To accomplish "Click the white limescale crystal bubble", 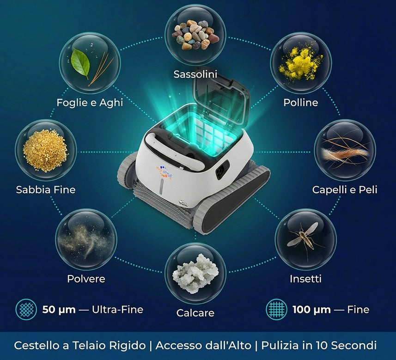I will pos(195,274).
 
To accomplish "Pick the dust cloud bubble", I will pos(86,239).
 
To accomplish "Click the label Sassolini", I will pos(195,74).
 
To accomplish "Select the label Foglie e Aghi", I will pos(90,102).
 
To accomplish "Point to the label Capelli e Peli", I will pos(345,189).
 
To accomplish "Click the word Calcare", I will pos(195,313).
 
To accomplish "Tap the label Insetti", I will pos(305,279).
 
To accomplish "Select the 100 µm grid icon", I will pos(276,309).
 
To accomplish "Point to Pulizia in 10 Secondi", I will pos(318,345).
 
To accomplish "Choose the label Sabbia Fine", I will pos(46,189).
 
